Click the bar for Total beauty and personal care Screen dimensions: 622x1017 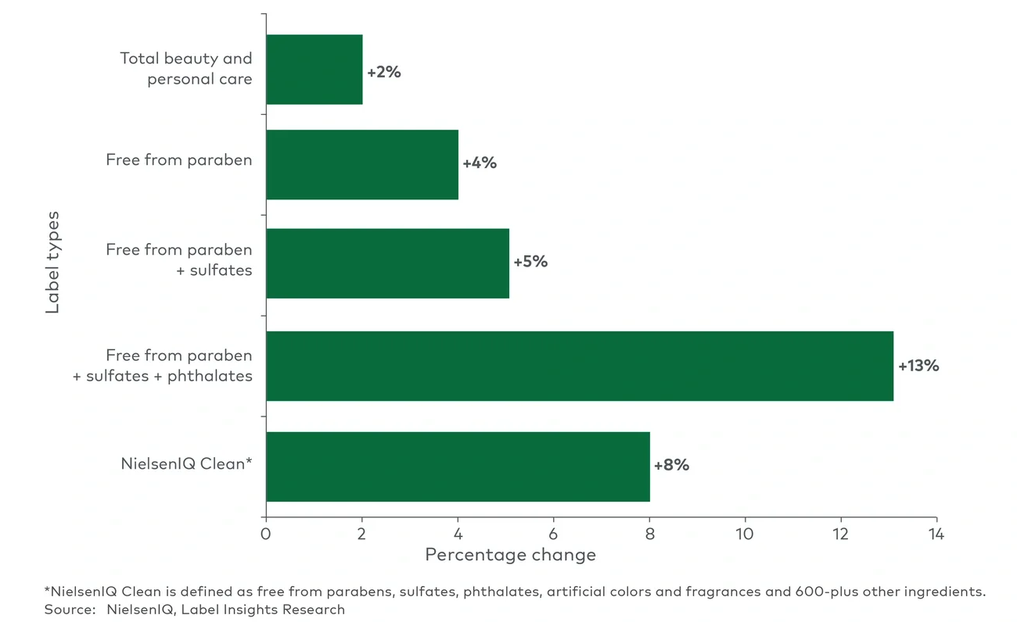[314, 70]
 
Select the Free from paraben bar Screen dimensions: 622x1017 [361, 164]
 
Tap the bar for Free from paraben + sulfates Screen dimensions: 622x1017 [387, 263]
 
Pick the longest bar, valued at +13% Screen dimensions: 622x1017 [579, 366]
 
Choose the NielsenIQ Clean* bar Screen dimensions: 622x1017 [458, 466]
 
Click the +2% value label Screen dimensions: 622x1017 [384, 72]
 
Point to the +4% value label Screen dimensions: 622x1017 [480, 163]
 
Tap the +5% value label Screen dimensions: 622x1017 [530, 262]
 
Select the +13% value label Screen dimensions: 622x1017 [918, 366]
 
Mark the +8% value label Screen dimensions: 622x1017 [671, 465]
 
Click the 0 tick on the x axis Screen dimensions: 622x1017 [266, 534]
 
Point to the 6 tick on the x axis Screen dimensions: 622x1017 [553, 534]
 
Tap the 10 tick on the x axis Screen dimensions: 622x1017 [745, 534]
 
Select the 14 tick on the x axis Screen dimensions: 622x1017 [936, 534]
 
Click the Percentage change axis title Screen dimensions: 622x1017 [510, 555]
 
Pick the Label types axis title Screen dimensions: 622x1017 [52, 262]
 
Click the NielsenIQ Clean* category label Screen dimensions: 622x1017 [186, 463]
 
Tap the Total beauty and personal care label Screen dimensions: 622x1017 [186, 69]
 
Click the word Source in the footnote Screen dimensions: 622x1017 [65, 609]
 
